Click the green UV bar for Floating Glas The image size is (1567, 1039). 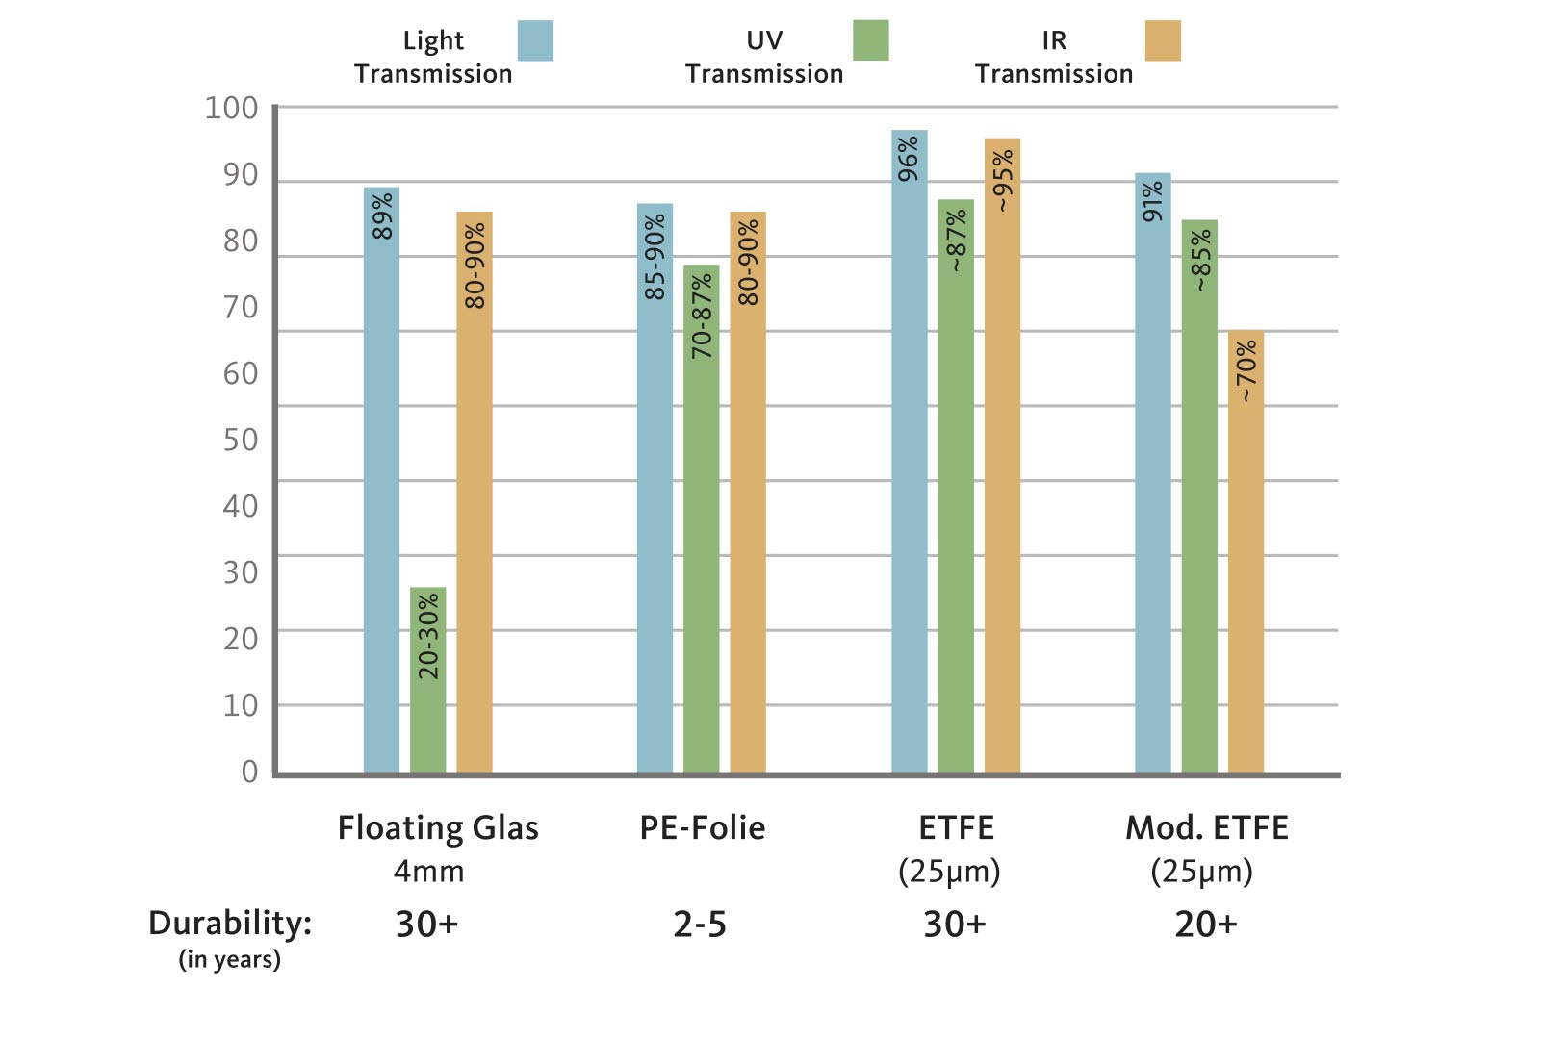tap(427, 679)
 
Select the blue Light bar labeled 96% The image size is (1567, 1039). tap(909, 452)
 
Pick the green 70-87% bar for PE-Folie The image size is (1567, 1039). tap(701, 519)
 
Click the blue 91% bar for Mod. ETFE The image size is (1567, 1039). tap(1152, 472)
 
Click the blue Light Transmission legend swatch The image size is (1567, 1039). tap(535, 40)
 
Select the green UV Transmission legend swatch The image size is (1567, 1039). tap(870, 40)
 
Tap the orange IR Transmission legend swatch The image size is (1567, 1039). tap(1163, 40)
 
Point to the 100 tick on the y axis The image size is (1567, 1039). tap(232, 108)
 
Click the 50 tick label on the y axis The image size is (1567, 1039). tap(241, 440)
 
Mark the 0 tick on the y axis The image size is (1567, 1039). tap(249, 772)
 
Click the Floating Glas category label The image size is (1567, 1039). tap(437, 827)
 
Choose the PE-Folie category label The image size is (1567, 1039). tap(702, 827)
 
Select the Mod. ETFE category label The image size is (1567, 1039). tap(1206, 827)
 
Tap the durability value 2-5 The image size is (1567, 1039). tap(700, 925)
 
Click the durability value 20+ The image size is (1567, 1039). tap(1205, 925)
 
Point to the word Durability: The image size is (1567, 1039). tap(230, 923)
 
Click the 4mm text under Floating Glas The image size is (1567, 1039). tap(428, 872)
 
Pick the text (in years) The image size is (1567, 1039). tap(229, 959)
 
